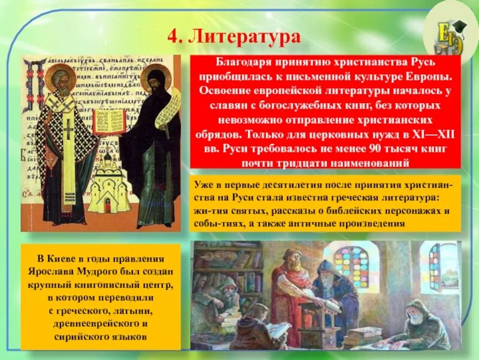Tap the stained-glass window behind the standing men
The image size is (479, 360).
pos(351,268)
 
